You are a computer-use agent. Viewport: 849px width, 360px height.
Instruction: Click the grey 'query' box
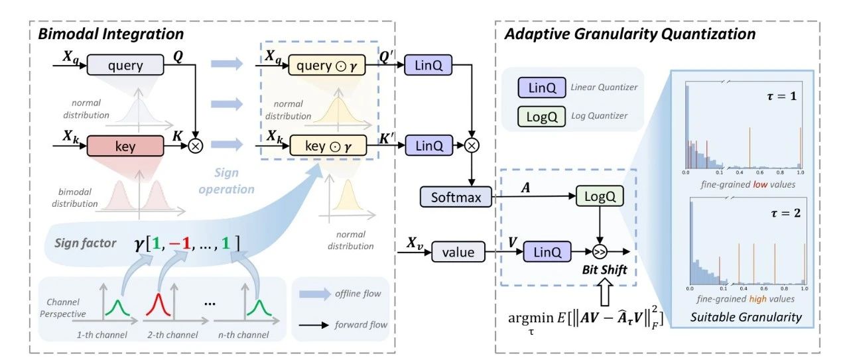coord(125,66)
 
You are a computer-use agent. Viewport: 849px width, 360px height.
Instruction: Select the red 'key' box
coord(125,147)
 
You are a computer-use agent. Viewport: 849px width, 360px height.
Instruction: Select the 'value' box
coord(458,253)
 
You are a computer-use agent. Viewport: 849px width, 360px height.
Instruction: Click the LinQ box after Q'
coord(424,66)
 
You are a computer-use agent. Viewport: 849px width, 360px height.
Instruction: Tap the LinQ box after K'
coord(424,147)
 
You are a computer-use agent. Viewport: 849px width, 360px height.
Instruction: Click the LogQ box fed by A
coord(600,196)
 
